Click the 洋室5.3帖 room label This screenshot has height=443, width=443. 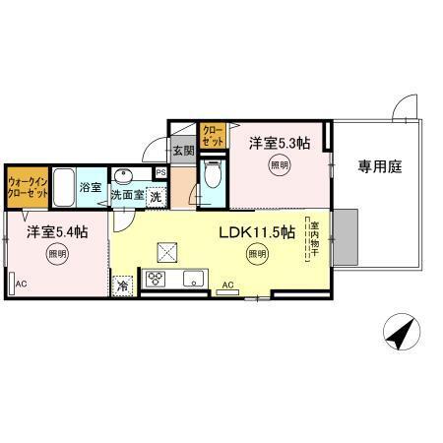coord(279,143)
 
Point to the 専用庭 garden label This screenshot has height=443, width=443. coord(376,166)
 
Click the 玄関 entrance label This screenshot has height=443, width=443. coord(184,151)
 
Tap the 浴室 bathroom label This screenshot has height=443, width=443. coord(92,186)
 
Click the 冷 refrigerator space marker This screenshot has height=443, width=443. coord(123,285)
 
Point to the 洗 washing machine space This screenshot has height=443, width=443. coord(156,196)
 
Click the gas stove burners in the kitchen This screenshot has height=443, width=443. coord(155,281)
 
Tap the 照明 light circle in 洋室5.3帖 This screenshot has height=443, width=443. coord(280,165)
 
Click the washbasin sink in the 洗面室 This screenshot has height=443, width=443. coord(123,177)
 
